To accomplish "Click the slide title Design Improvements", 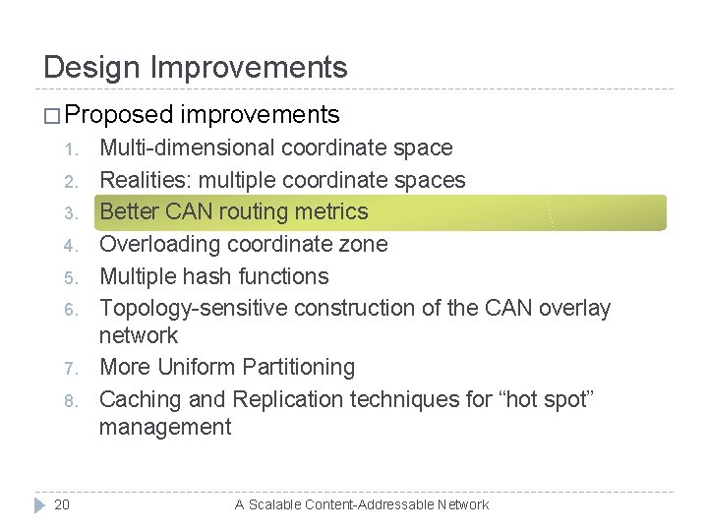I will pyautogui.click(x=196, y=67).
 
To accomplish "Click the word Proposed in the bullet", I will pyautogui.click(x=119, y=115).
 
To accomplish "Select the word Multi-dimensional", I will pyautogui.click(x=188, y=148).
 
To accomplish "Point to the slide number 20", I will pyautogui.click(x=62, y=504).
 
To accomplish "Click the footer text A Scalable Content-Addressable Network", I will pyautogui.click(x=361, y=504).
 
